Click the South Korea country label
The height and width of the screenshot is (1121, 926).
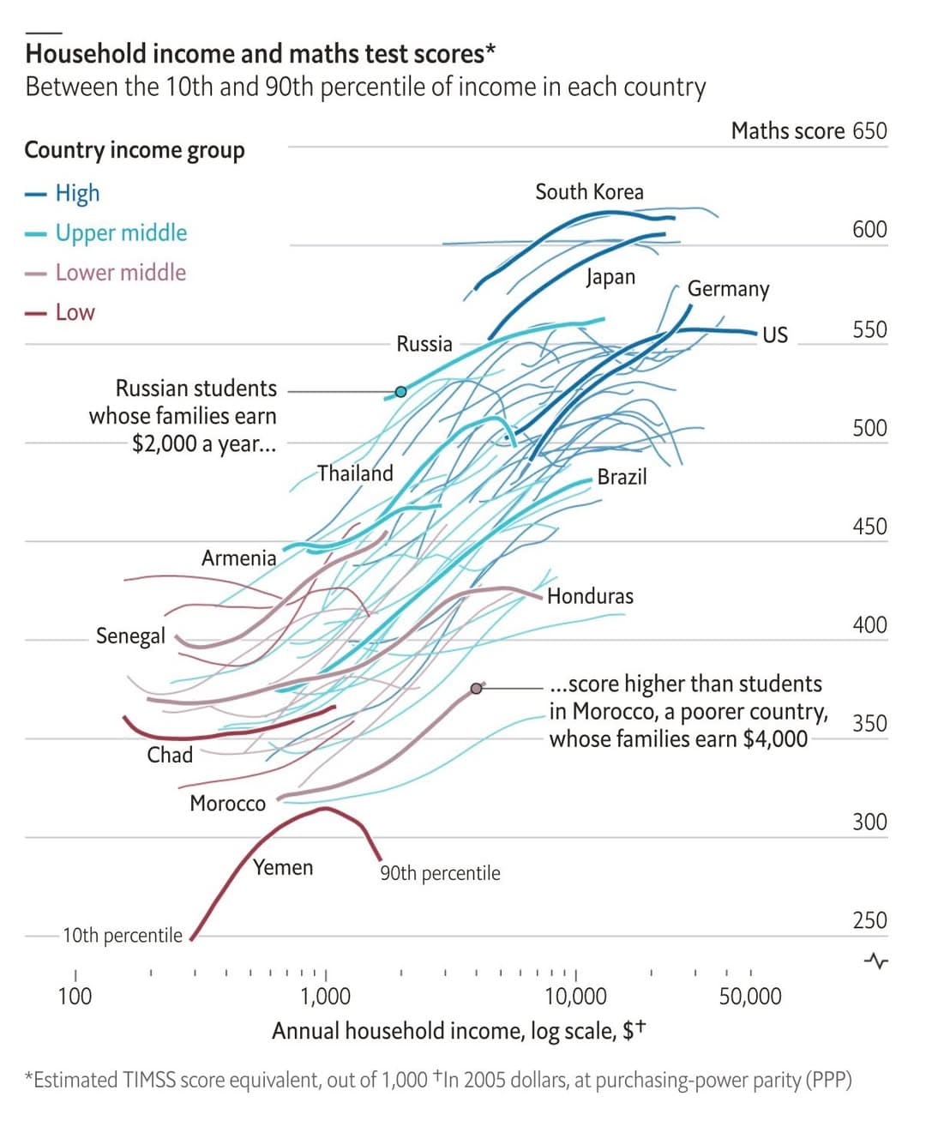point(589,192)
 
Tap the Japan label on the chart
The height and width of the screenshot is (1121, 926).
point(610,277)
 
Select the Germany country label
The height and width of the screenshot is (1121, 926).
point(728,289)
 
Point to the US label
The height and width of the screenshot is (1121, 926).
point(774,334)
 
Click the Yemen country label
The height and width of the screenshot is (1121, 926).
point(283,868)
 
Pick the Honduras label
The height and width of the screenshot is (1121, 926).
point(590,596)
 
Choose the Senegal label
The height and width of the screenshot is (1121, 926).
point(130,636)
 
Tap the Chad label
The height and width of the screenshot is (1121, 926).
point(170,755)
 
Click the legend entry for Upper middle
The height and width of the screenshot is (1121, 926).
point(121,232)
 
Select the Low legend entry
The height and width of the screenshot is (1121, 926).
point(75,312)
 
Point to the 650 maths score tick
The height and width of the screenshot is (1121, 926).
point(869,131)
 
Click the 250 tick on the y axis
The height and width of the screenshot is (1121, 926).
point(869,920)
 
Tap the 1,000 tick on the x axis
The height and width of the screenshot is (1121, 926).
point(326,996)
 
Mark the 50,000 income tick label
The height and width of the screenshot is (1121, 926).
point(750,996)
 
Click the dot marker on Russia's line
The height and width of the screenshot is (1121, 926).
point(400,392)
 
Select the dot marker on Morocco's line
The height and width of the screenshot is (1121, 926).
point(477,688)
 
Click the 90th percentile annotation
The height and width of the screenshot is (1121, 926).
point(440,873)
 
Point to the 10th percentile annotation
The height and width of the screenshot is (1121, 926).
point(123,935)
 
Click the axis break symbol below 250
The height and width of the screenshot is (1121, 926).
point(876,961)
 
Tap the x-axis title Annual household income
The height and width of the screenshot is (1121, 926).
point(458,1030)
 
